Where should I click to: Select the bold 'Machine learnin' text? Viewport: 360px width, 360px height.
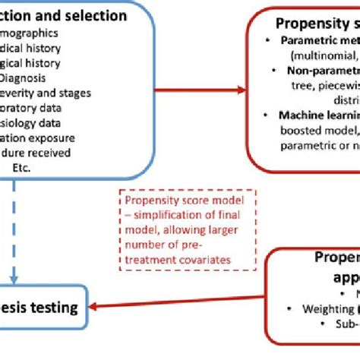point(316,115)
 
